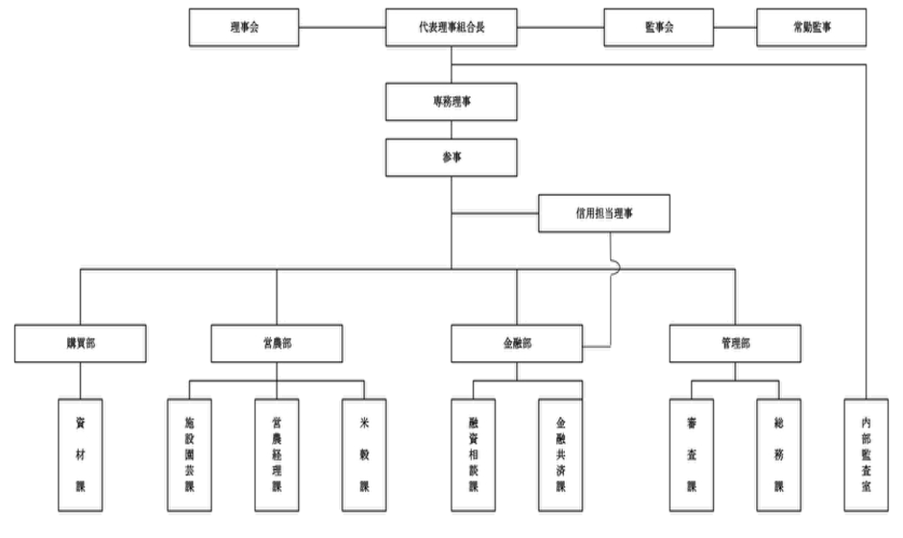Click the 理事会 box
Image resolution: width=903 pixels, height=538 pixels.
click(x=245, y=28)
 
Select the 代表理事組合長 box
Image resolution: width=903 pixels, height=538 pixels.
click(x=451, y=28)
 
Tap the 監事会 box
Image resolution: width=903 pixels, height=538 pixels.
click(x=658, y=28)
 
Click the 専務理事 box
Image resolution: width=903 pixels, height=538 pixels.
click(x=451, y=100)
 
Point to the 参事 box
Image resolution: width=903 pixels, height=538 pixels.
click(x=451, y=156)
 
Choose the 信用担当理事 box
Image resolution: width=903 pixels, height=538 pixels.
click(x=603, y=213)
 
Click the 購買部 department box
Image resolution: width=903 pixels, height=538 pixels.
click(x=82, y=342)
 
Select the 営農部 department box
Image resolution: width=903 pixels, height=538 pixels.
click(x=277, y=342)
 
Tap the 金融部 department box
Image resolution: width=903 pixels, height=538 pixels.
click(x=516, y=342)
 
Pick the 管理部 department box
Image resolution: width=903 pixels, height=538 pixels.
click(x=735, y=342)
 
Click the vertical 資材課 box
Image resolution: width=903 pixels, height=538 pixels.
click(x=81, y=452)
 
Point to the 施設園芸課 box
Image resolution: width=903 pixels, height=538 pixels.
click(x=189, y=452)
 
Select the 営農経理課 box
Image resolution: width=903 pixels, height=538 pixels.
click(x=277, y=452)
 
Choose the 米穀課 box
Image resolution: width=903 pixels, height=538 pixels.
click(x=364, y=452)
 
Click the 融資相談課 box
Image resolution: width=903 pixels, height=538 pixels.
click(x=473, y=452)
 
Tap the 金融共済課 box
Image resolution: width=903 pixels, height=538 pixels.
click(x=560, y=452)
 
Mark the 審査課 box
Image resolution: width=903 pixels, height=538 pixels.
click(x=691, y=452)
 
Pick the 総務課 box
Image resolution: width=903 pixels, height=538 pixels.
click(x=778, y=452)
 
